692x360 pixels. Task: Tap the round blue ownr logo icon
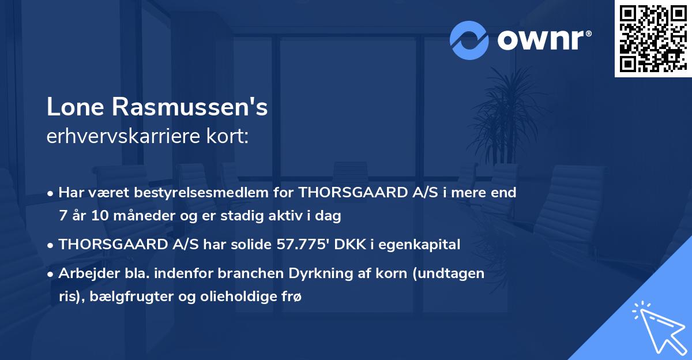(x=469, y=40)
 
